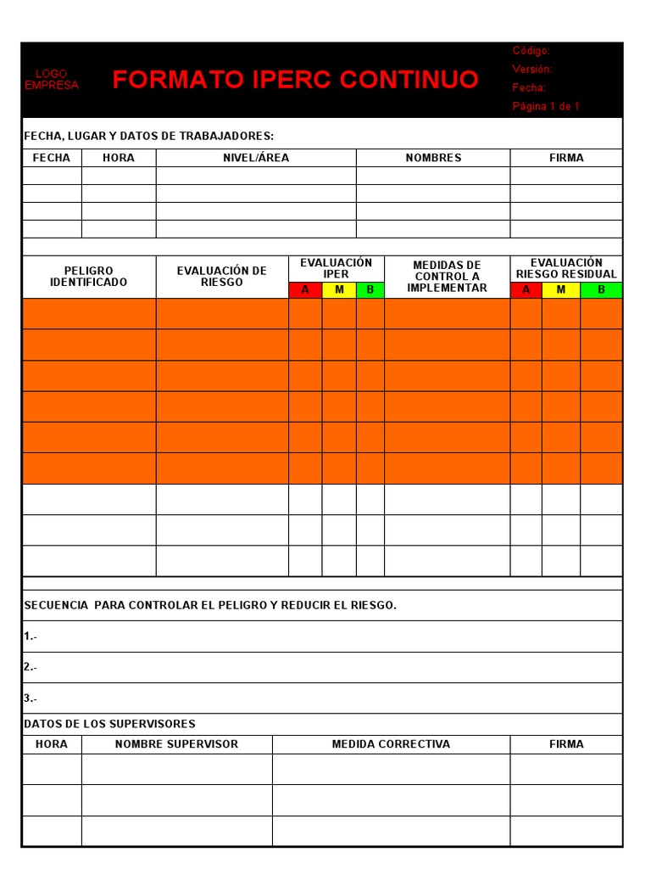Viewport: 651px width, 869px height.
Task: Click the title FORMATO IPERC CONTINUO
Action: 295,80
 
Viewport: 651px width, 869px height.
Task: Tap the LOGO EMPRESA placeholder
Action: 52,80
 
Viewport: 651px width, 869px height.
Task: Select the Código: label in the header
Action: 531,51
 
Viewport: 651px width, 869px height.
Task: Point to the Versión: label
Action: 532,70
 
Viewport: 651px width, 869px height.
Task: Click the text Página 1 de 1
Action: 546,106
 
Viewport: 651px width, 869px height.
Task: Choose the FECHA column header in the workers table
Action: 52,158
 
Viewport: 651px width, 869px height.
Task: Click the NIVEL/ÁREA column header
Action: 256,158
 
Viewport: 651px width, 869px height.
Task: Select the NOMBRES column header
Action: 433,158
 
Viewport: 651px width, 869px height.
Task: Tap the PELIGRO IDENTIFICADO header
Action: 88,277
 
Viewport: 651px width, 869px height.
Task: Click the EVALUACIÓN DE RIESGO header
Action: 222,277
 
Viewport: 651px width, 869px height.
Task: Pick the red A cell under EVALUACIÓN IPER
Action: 305,290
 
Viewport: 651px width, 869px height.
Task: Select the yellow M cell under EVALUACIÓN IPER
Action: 339,290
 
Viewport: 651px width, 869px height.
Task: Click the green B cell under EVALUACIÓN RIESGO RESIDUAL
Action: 601,290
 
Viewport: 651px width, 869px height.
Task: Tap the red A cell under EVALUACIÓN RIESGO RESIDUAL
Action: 526,290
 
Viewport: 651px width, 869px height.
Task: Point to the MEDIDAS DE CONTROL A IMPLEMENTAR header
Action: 447,277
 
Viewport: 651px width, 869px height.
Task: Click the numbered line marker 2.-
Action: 31,667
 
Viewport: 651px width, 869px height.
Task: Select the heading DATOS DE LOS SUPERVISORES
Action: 109,724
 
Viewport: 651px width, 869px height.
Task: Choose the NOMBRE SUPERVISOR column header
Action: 176,744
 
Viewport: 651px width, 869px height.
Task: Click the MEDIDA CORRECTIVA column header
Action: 391,744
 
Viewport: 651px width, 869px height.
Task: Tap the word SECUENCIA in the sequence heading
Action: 56,605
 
